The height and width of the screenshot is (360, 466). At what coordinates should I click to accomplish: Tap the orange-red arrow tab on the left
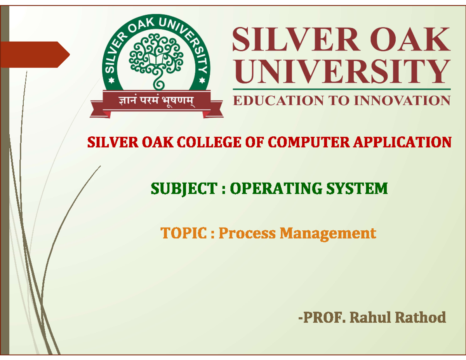[35, 55]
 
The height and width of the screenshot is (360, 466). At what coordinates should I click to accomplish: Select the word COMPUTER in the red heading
[309, 142]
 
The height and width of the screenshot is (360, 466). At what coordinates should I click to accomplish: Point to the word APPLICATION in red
[402, 142]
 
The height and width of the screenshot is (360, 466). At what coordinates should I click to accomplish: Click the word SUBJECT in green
[184, 189]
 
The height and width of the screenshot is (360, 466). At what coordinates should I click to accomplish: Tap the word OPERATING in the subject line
[276, 189]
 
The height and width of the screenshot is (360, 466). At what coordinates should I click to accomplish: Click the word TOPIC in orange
[184, 233]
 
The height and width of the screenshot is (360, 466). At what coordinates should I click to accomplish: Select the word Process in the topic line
[247, 233]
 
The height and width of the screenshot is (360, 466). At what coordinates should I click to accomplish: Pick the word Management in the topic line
[328, 234]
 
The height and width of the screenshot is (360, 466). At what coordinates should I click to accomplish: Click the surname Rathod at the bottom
[421, 318]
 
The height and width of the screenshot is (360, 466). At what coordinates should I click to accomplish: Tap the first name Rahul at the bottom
[370, 318]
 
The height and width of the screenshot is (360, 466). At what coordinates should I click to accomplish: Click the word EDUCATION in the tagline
[278, 101]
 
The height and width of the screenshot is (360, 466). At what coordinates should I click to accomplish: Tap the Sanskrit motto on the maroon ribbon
[156, 101]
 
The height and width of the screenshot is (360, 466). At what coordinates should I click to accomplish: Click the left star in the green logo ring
[111, 81]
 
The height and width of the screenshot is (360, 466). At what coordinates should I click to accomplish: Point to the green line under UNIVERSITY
[342, 89]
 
